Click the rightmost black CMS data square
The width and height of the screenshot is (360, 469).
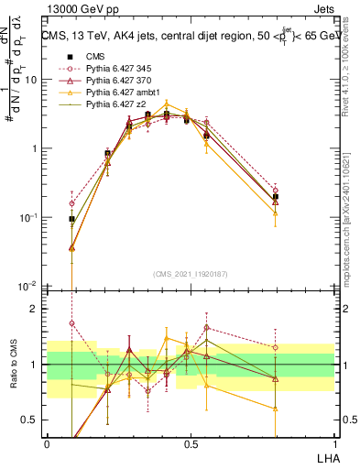pyautogui.click(x=276, y=196)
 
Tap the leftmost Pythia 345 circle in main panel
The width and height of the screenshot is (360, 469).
pyautogui.click(x=71, y=203)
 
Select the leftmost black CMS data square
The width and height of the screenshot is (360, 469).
pyautogui.click(x=71, y=219)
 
